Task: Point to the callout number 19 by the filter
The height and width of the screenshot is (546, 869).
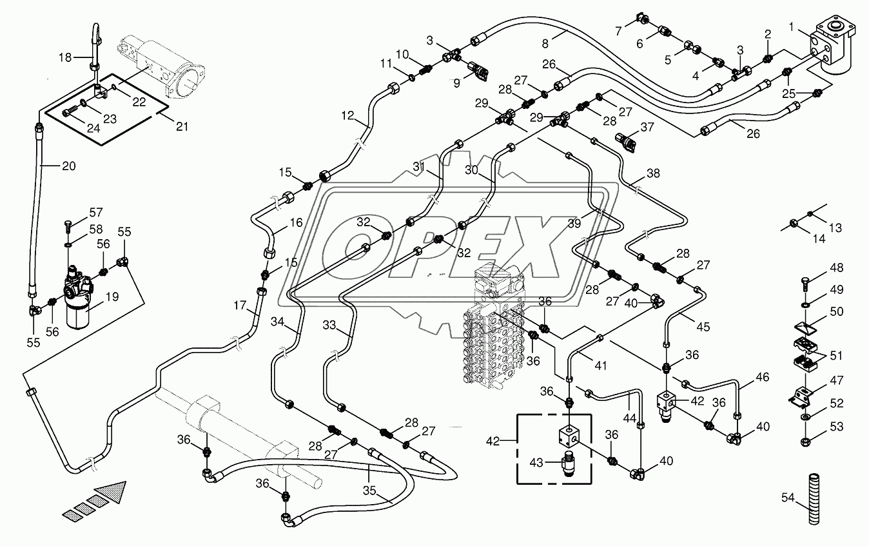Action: coord(112,297)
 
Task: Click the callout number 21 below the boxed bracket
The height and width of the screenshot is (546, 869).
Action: coord(182,126)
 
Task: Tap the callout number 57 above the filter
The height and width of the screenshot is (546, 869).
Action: coord(96,212)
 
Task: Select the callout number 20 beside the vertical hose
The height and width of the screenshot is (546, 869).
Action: coord(68,166)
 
